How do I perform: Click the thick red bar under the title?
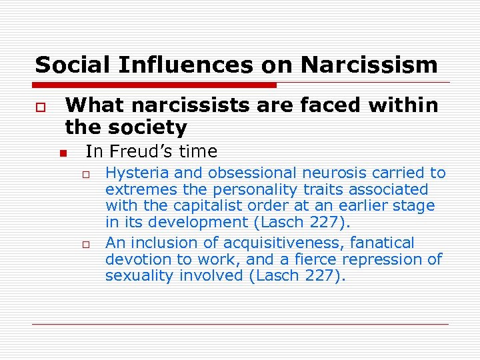tap(155, 85)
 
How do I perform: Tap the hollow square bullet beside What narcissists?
tap(41, 107)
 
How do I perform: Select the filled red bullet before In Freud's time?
tap(63, 153)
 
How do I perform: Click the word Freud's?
tap(139, 152)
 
